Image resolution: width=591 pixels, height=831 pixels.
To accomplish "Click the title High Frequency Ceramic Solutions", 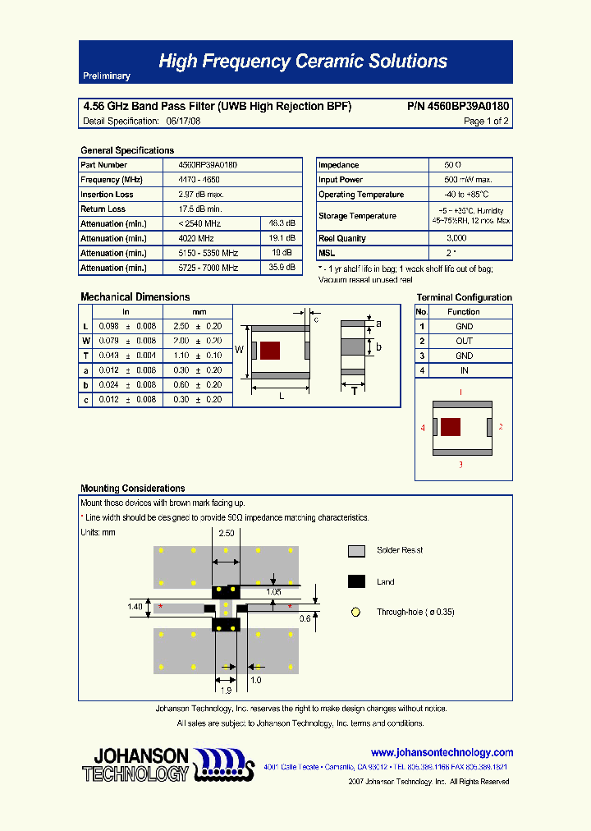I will (x=302, y=62).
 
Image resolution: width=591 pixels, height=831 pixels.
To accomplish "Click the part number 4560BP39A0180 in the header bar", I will (x=457, y=107).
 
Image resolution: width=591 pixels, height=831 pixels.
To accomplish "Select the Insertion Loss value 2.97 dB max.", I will (x=201, y=195).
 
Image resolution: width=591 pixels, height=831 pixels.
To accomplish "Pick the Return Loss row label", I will (x=103, y=209).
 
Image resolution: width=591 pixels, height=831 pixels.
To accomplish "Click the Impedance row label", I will (x=338, y=165).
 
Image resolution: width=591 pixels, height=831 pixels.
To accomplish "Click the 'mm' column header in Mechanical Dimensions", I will (x=199, y=312).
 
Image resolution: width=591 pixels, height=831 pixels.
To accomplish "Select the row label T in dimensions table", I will (x=85, y=356).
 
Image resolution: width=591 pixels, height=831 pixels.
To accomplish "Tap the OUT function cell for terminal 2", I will (x=464, y=341).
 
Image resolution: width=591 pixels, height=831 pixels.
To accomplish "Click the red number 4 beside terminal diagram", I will (x=423, y=428).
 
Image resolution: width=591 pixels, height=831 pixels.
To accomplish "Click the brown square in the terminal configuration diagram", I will (x=450, y=427).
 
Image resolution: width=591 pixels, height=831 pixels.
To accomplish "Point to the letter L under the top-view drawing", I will (x=282, y=396).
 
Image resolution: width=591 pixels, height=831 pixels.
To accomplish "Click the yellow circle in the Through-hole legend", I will (x=356, y=612).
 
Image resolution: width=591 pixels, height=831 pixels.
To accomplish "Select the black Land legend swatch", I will (x=356, y=581).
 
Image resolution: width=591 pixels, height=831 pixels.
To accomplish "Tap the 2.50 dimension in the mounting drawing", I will (x=226, y=534).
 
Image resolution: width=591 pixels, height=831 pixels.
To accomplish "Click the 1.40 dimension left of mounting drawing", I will (x=135, y=606).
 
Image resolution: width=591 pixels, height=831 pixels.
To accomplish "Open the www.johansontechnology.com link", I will (x=442, y=752).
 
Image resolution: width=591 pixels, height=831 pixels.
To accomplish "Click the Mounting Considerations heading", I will (x=133, y=489).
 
